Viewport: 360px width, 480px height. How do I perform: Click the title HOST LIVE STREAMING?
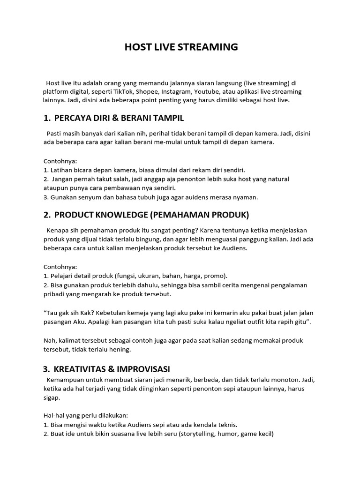tap(181, 47)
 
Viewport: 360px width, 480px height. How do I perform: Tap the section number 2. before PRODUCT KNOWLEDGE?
tap(47, 215)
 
